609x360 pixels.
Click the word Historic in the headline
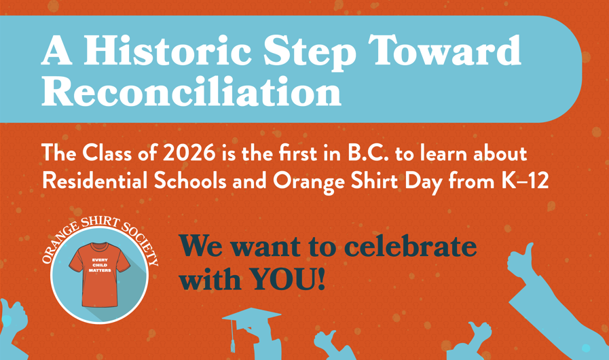pos(167,50)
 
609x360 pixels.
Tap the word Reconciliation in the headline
pos(191,91)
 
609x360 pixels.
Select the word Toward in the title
pos(444,50)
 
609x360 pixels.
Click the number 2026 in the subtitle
pos(189,154)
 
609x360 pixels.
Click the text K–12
pos(525,181)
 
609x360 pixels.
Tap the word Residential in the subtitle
pos(95,181)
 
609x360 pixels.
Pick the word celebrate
pos(410,246)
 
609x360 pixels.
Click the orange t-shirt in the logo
pos(99,274)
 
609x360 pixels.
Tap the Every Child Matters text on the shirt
pos(100,265)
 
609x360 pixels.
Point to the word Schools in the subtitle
pos(190,181)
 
